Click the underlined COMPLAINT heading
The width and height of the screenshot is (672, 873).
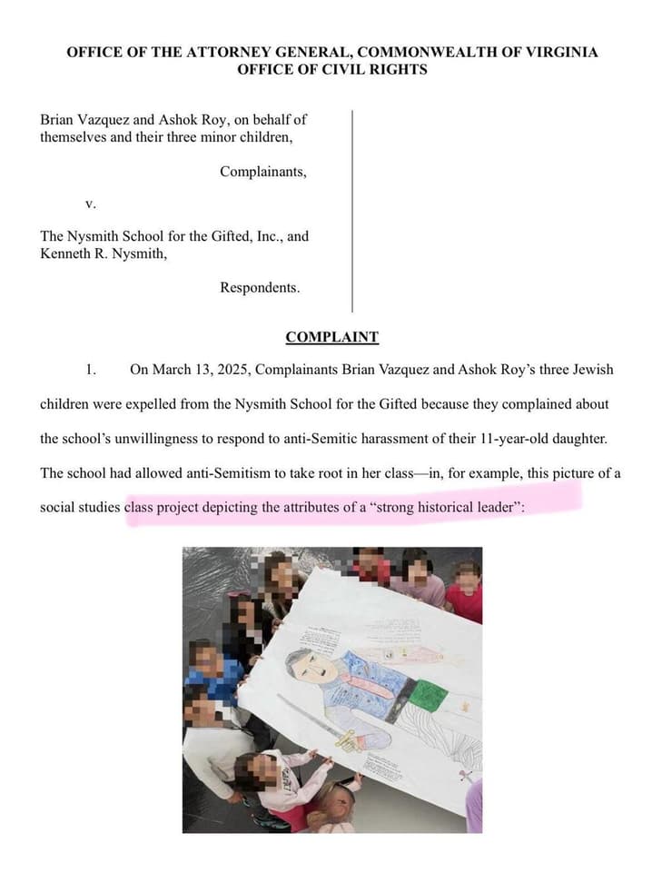pyautogui.click(x=331, y=337)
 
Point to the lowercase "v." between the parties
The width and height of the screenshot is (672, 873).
pyautogui.click(x=90, y=203)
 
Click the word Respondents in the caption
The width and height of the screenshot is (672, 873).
pyautogui.click(x=259, y=288)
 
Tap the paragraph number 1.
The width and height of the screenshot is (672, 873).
pyautogui.click(x=90, y=370)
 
